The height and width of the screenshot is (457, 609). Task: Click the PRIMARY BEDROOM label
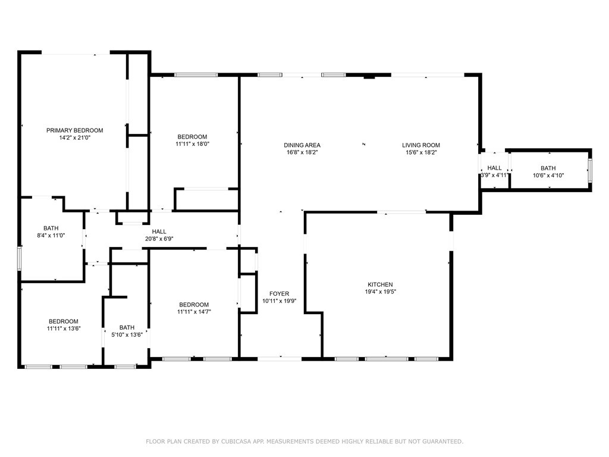(74, 130)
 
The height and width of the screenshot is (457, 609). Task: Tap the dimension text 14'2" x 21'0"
(74, 137)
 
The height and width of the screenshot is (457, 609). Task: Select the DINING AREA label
(302, 145)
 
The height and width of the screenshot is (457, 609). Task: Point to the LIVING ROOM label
(421, 145)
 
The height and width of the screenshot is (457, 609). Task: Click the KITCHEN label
(380, 284)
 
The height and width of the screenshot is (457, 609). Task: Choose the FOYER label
(280, 294)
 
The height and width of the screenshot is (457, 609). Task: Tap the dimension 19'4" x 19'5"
(380, 292)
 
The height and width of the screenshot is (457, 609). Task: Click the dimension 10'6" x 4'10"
(548, 176)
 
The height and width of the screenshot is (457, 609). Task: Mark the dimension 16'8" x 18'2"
(302, 152)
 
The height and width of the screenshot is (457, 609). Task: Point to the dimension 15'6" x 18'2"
(422, 152)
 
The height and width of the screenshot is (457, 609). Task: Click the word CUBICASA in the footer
(236, 442)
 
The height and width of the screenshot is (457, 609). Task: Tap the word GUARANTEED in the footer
(442, 442)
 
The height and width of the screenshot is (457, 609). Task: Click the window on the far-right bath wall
(589, 170)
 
